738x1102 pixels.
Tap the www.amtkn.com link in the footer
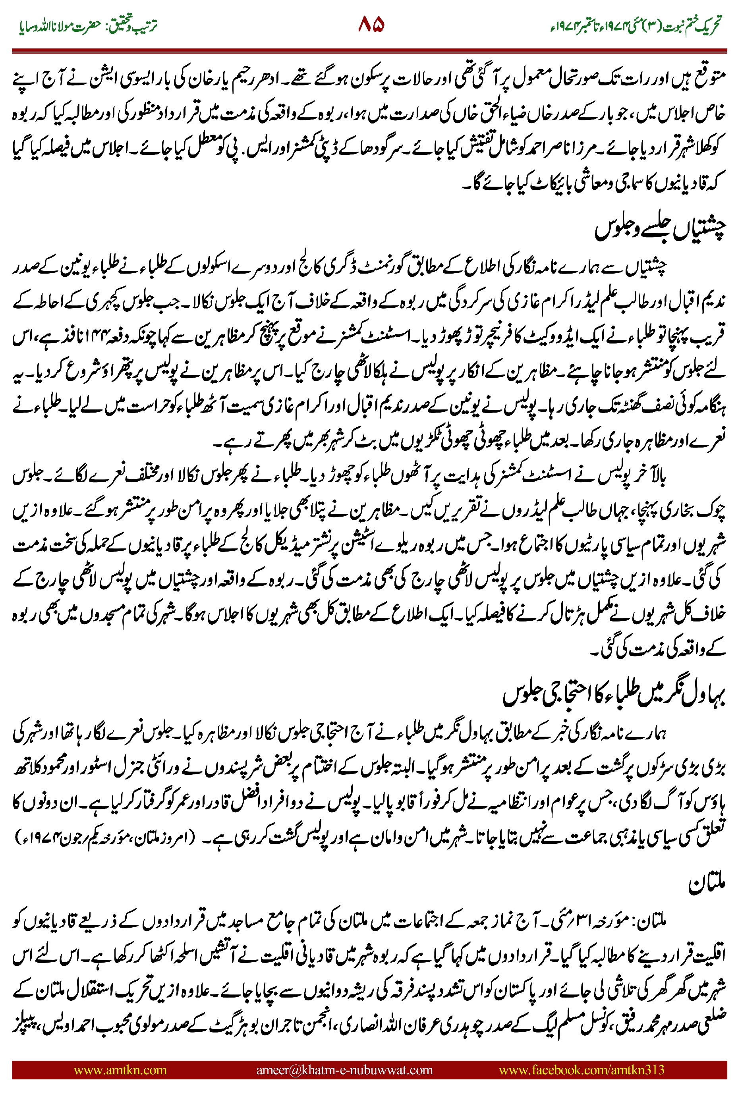tap(120, 1069)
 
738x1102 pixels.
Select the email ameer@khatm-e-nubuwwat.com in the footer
tap(344, 1069)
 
